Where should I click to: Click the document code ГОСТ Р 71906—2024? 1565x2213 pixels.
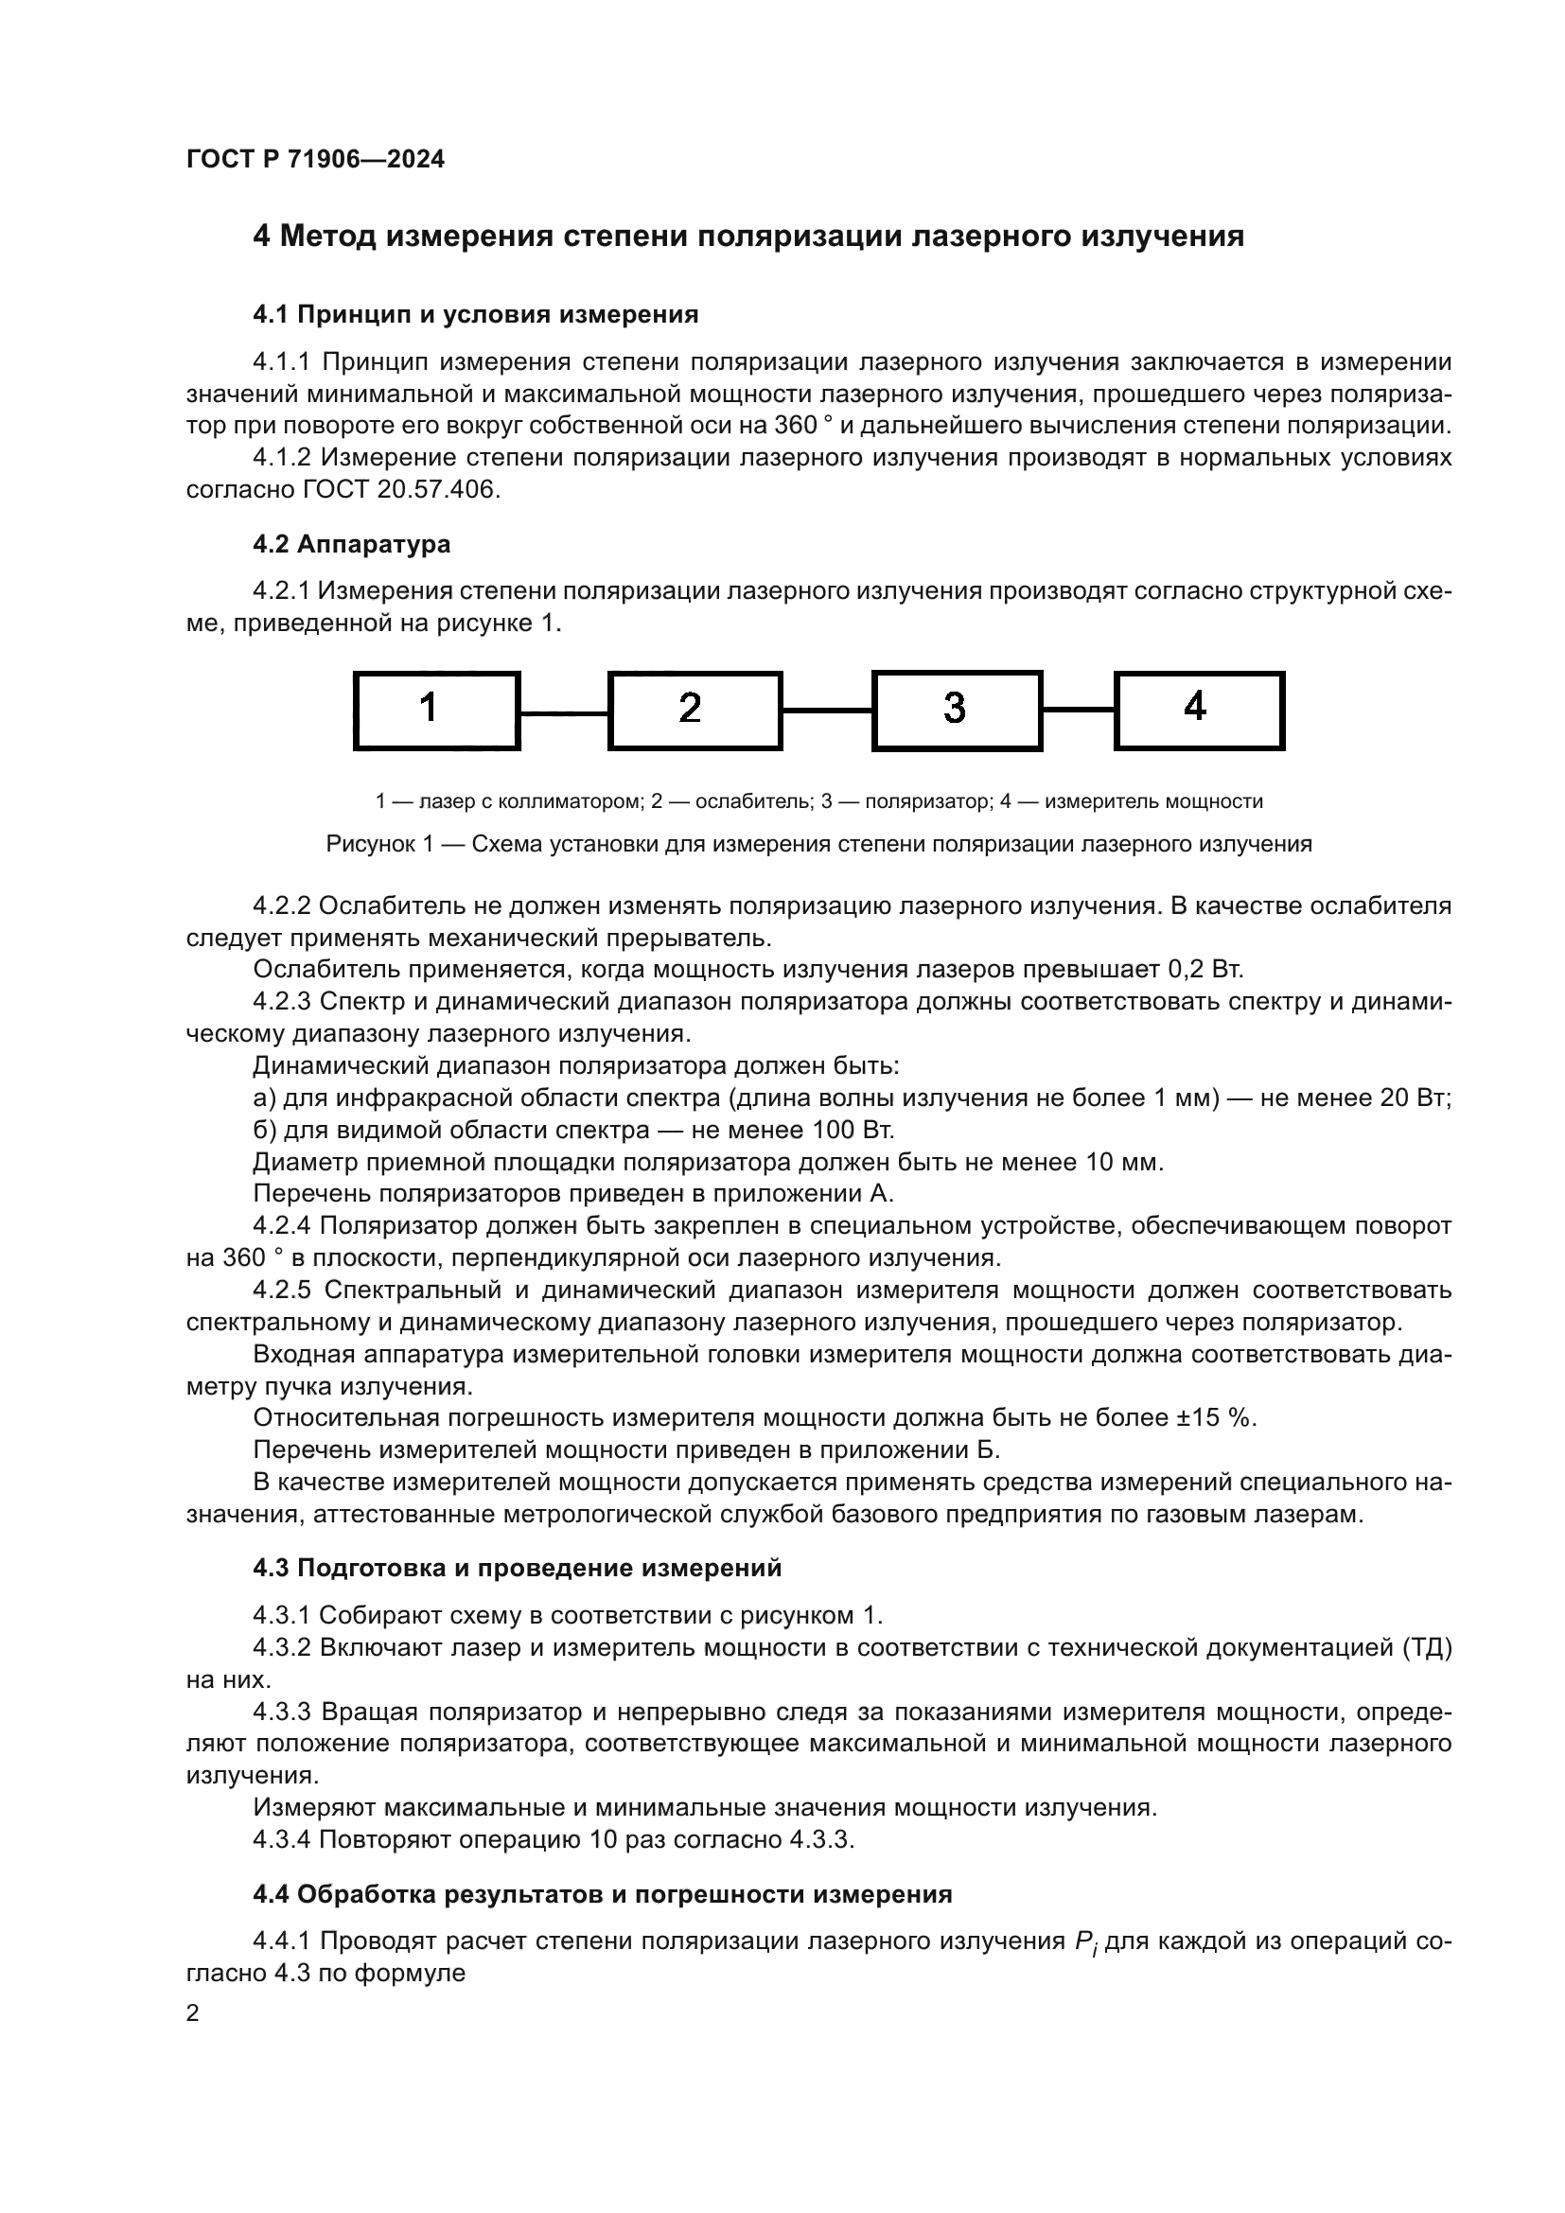pyautogui.click(x=315, y=160)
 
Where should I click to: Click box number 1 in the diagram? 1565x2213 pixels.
pyautogui.click(x=436, y=711)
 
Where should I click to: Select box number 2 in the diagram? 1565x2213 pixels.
pyautogui.click(x=695, y=711)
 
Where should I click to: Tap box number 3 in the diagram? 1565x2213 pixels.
pyautogui.click(x=957, y=711)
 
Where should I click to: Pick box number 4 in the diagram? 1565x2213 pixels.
pyautogui.click(x=1199, y=711)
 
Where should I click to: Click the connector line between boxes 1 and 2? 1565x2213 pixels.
pyautogui.click(x=564, y=713)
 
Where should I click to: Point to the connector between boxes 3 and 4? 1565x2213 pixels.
pyautogui.click(x=1079, y=710)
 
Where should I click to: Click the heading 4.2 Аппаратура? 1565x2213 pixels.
pyautogui.click(x=352, y=544)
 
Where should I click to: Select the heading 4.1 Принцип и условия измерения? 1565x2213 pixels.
pyautogui.click(x=475, y=314)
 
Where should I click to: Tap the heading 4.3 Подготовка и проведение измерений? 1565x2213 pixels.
pyautogui.click(x=517, y=1568)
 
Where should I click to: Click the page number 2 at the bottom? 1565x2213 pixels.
pyautogui.click(x=193, y=2013)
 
